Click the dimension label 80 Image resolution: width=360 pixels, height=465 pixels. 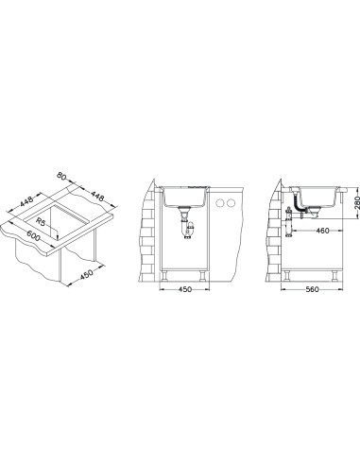61,176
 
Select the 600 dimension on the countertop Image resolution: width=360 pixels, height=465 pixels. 33,235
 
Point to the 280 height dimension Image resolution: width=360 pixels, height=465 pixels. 356,203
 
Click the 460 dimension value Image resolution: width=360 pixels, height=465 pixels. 322,231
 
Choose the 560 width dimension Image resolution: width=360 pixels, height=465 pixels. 312,289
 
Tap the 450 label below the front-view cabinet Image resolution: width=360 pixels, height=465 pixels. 185,289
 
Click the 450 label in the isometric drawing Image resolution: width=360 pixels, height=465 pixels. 87,274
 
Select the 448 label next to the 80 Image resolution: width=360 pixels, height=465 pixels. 97,197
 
